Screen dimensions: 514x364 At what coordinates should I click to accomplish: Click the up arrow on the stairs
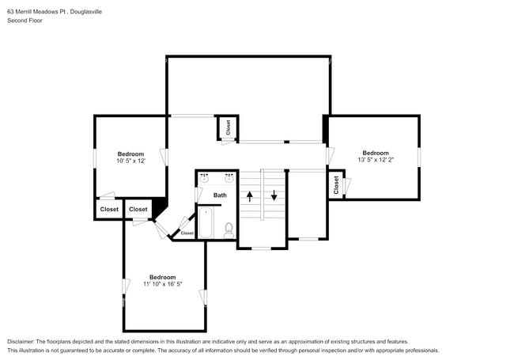[x=250, y=196]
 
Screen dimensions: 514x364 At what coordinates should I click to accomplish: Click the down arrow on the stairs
[x=274, y=195]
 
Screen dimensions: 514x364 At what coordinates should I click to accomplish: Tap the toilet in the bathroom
[x=229, y=230]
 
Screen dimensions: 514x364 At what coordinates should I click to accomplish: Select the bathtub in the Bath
[x=206, y=222]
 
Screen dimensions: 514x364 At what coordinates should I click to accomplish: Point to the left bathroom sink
[x=204, y=179]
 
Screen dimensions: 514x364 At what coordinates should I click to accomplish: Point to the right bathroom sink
[x=229, y=179]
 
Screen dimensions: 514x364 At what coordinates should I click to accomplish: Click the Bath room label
[x=220, y=195]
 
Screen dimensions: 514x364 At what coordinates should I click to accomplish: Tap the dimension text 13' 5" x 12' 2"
[x=376, y=160]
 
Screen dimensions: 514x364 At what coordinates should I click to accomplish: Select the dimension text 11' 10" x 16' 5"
[x=163, y=284]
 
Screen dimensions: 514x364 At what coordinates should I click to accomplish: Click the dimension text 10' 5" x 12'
[x=130, y=161]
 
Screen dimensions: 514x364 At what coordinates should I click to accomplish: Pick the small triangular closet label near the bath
[x=187, y=233]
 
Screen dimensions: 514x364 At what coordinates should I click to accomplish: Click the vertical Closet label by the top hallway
[x=229, y=127]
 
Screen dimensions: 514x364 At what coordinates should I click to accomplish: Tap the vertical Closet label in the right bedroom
[x=336, y=185]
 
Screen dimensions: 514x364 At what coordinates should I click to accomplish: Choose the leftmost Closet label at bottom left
[x=109, y=209]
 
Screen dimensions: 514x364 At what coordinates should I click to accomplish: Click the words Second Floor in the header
[x=25, y=21]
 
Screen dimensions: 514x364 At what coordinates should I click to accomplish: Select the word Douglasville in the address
[x=86, y=12]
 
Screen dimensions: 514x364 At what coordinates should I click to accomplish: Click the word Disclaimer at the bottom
[x=21, y=342]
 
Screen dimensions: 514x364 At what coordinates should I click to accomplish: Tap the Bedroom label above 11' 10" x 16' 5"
[x=163, y=277]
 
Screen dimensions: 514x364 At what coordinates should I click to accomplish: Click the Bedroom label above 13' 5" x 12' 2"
[x=376, y=153]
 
